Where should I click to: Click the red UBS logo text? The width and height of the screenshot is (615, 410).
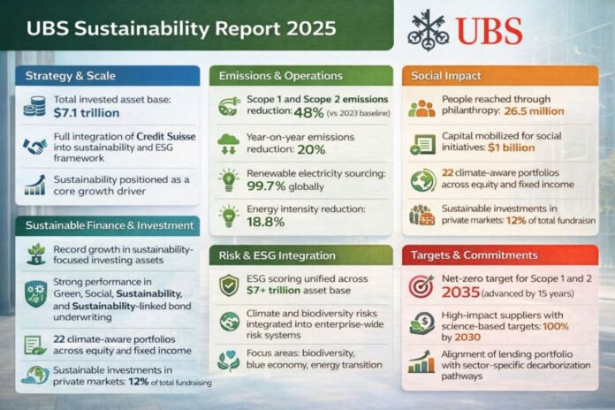point(488,31)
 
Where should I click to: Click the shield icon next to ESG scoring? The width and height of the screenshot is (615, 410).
point(230,286)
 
